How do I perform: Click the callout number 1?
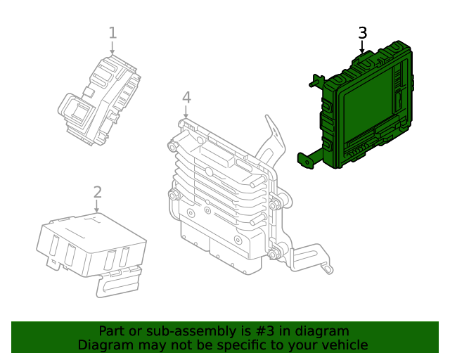tap(112, 32)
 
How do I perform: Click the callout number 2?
tap(98, 192)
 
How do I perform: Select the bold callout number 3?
tap(362, 33)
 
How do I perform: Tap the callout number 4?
tap(186, 98)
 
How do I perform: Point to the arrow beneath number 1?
tap(112, 48)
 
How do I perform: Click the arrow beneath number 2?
tap(98, 206)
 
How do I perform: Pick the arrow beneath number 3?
tap(362, 48)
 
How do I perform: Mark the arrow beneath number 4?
tap(186, 112)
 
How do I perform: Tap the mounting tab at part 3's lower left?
tap(306, 160)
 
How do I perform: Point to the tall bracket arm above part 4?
tap(271, 137)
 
